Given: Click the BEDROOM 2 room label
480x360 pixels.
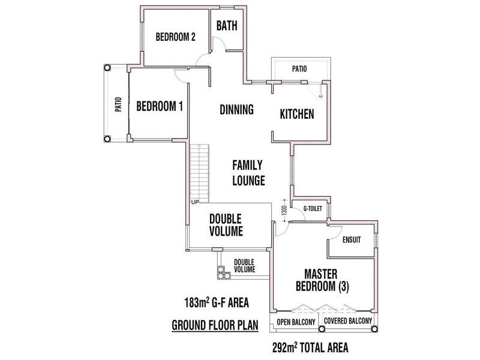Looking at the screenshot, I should point(176,37).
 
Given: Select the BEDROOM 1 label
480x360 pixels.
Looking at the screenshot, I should point(160,106).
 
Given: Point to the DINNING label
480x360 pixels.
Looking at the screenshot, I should point(236,110).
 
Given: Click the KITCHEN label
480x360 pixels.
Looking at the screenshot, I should point(297,114).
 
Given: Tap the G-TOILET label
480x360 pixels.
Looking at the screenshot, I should point(313,209).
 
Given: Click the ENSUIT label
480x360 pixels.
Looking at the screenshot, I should point(351,240).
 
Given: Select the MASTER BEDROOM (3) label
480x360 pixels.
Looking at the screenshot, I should point(322,280).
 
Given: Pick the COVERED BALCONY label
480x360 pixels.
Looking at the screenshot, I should point(347,322).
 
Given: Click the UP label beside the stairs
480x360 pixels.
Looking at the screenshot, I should point(195,202).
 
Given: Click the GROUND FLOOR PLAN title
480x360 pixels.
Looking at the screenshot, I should point(215,326).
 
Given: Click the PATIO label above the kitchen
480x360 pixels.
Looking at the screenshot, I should point(299,69).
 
